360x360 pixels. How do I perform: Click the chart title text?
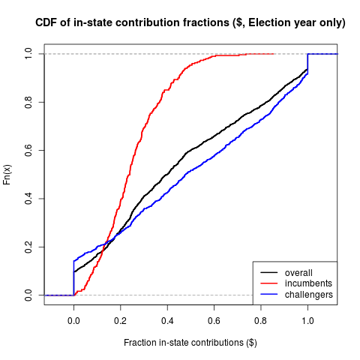(x=190, y=23)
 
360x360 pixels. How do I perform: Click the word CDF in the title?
(x=48, y=23)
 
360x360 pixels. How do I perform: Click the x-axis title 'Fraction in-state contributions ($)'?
(x=190, y=343)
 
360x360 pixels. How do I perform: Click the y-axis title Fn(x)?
(x=8, y=175)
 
